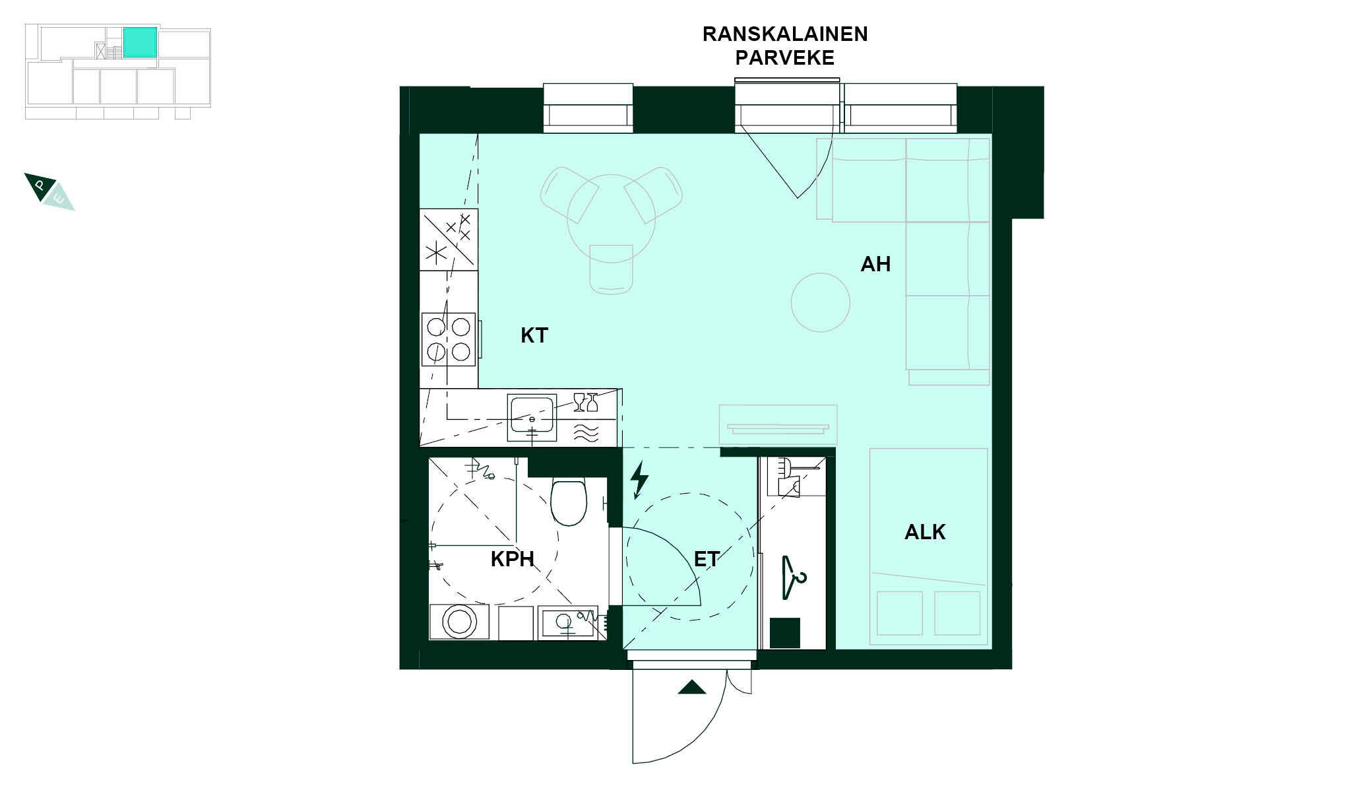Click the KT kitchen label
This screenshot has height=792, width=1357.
click(534, 335)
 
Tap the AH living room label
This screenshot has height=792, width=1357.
click(875, 264)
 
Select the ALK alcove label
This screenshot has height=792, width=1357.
click(925, 532)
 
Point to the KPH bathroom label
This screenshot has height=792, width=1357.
click(512, 560)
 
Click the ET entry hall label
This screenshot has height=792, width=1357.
click(707, 560)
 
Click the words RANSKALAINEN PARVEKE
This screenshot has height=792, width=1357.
click(785, 46)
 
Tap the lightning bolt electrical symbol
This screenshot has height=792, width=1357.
click(639, 480)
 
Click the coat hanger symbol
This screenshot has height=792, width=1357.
click(794, 578)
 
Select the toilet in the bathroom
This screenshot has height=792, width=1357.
click(569, 502)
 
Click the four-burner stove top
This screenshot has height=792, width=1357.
click(449, 339)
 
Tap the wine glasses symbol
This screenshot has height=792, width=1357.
click(586, 402)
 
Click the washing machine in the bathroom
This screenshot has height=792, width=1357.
click(459, 622)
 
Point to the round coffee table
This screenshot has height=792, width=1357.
click(820, 302)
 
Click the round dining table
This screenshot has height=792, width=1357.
click(612, 218)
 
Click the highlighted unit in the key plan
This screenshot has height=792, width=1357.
click(140, 42)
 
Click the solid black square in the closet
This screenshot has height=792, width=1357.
click(785, 633)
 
